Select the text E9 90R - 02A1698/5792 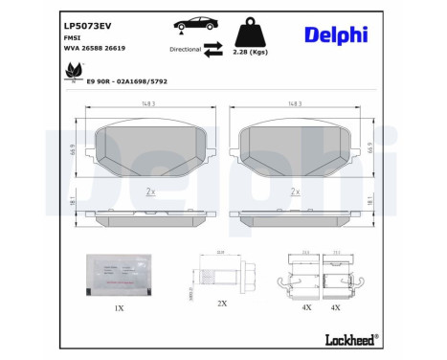(x=126, y=81)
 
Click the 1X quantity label (x=120, y=308)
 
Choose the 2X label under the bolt (x=221, y=303)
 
